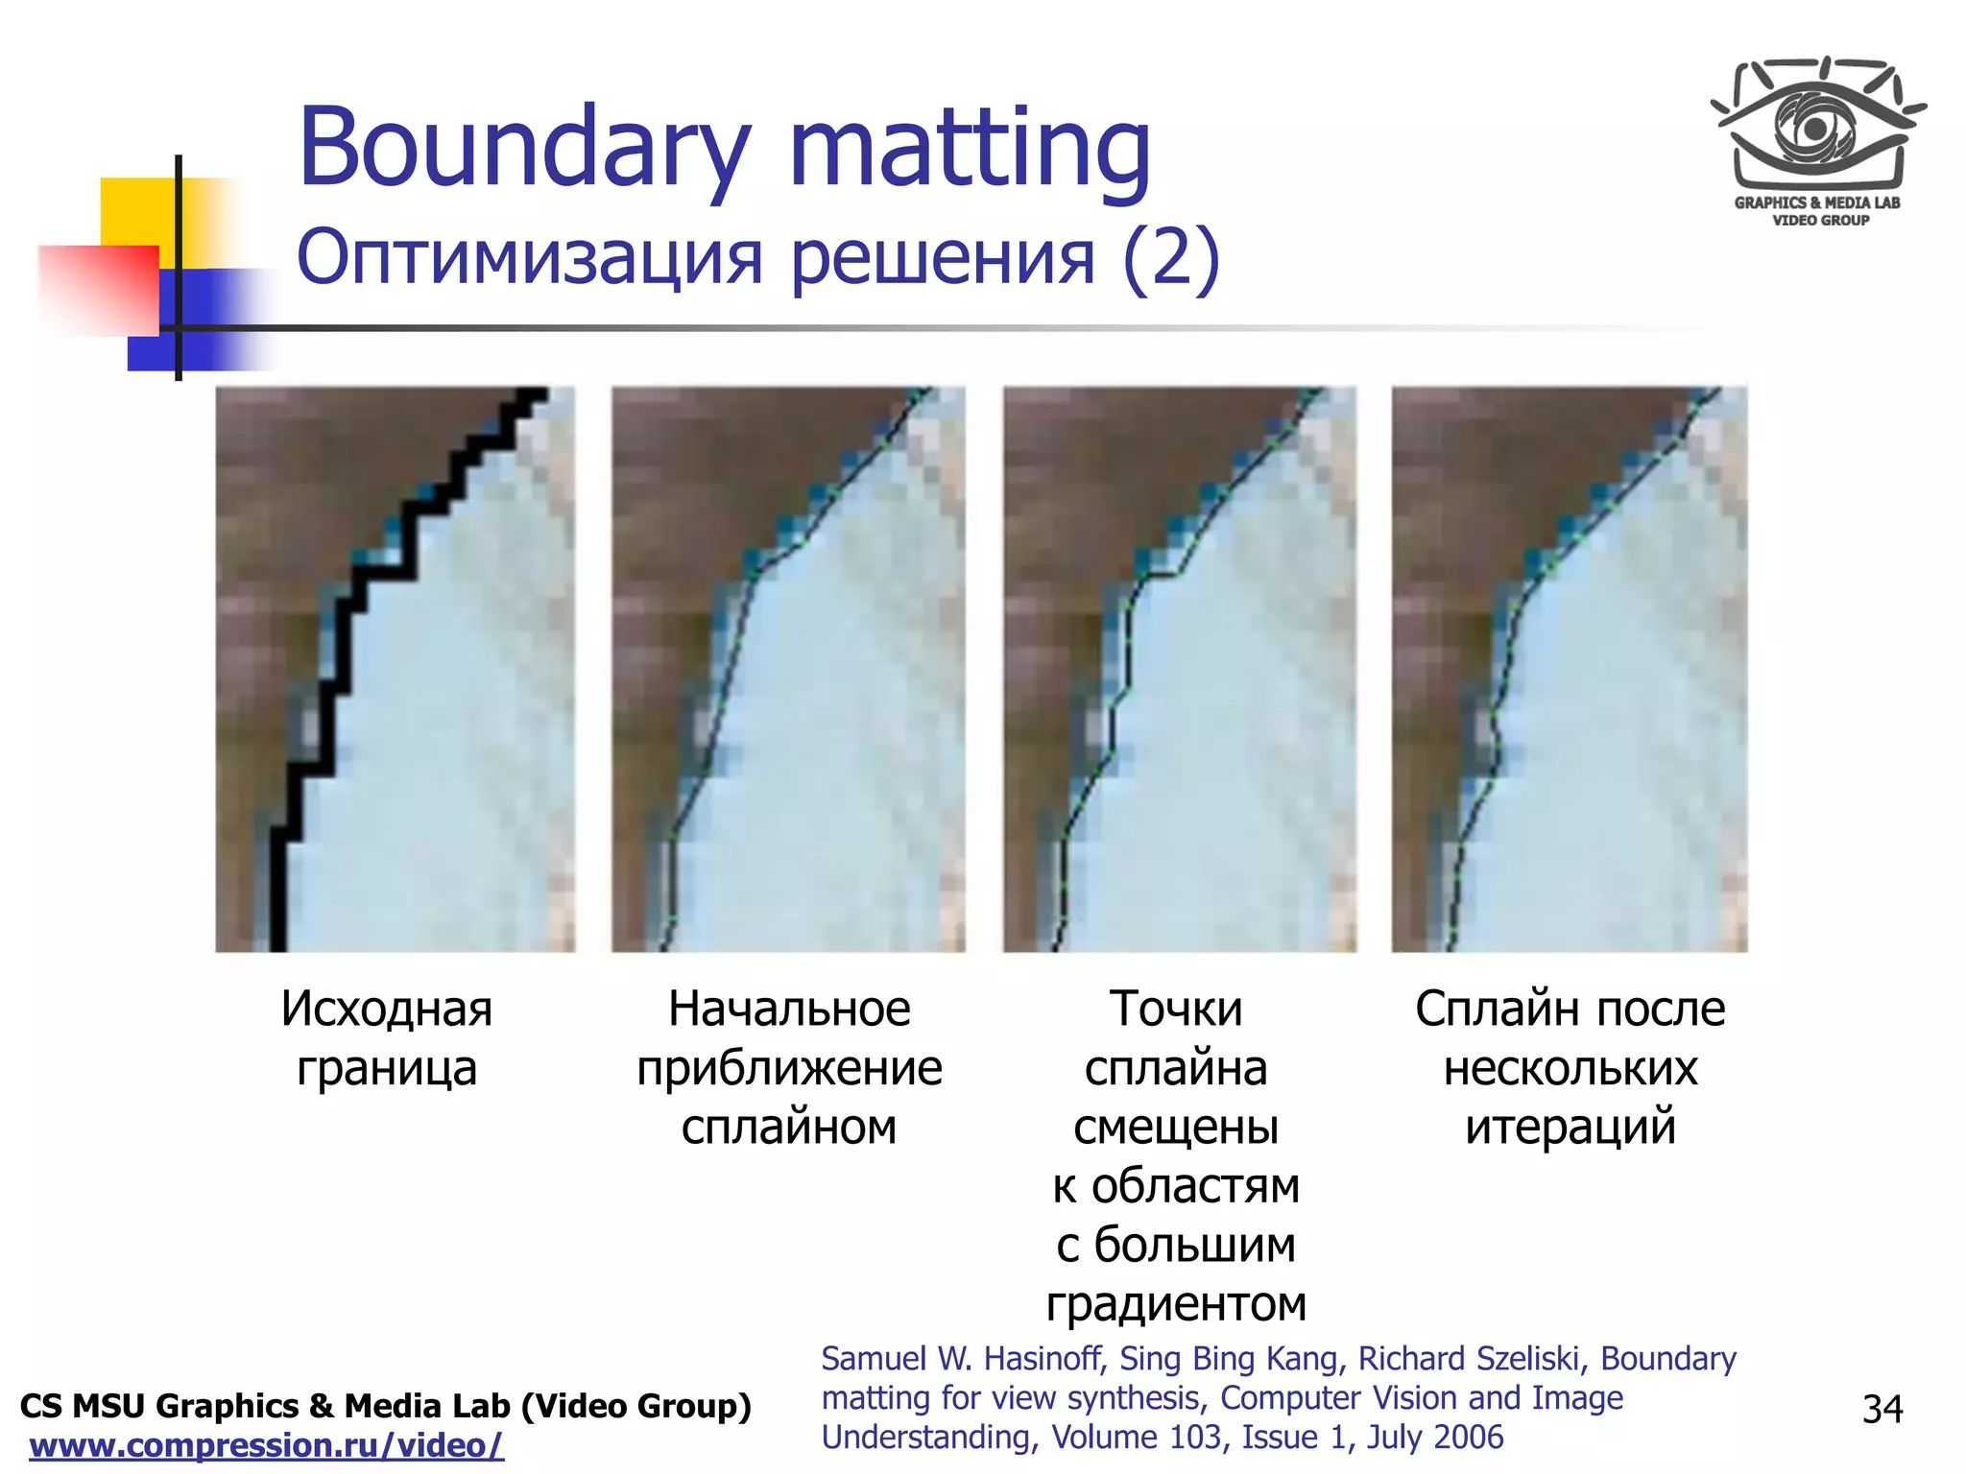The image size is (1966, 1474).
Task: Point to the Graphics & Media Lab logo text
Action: tap(1817, 210)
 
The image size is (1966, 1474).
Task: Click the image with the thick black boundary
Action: tap(396, 669)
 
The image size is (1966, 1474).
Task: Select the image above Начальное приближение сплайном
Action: tap(788, 669)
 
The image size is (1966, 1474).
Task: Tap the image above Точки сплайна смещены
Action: tap(1180, 669)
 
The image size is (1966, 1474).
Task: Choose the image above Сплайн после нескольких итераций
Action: tap(1570, 669)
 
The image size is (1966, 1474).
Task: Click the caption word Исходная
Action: tap(387, 1010)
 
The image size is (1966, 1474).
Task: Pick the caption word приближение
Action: tap(789, 1069)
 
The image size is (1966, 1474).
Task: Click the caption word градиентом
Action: tap(1176, 1304)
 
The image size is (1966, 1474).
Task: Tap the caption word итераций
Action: tap(1570, 1128)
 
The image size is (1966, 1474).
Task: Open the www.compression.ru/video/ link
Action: tap(266, 1445)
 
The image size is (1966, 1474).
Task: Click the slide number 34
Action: tap(1882, 1409)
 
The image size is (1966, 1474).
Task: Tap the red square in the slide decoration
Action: tap(98, 288)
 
